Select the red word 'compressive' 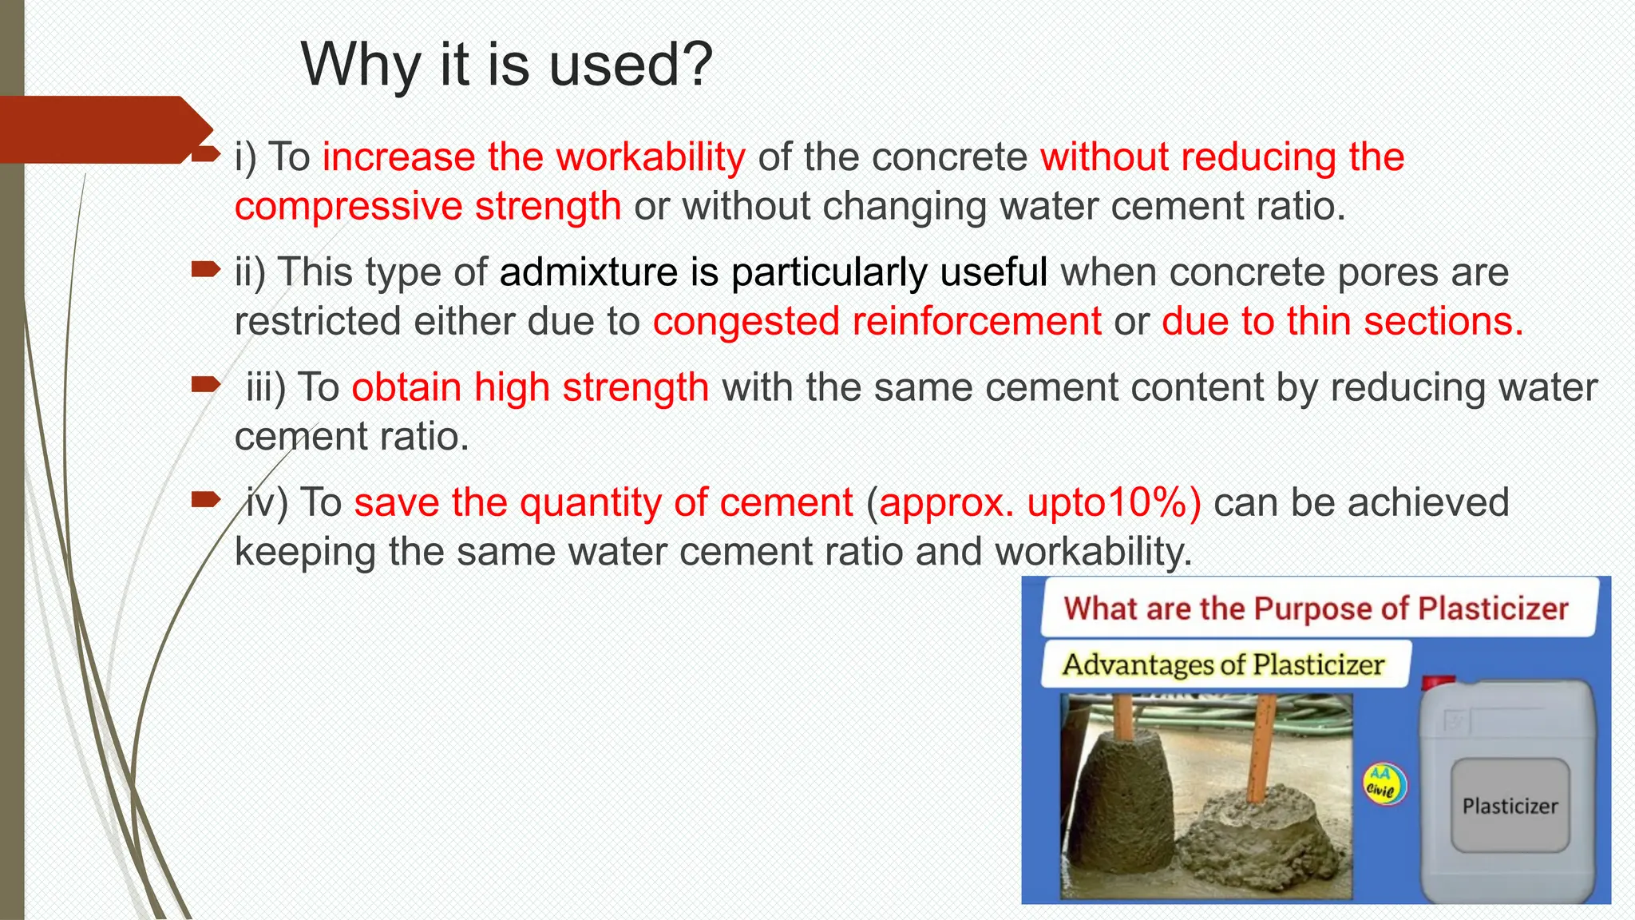click(348, 206)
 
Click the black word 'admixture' click(588, 272)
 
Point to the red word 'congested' click(746, 322)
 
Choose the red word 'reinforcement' click(976, 322)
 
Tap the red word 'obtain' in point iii click(406, 388)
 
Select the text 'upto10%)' click(1114, 503)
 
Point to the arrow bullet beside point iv click(205, 500)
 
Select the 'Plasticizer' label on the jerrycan click(1510, 807)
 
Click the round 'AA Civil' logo click(1384, 783)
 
